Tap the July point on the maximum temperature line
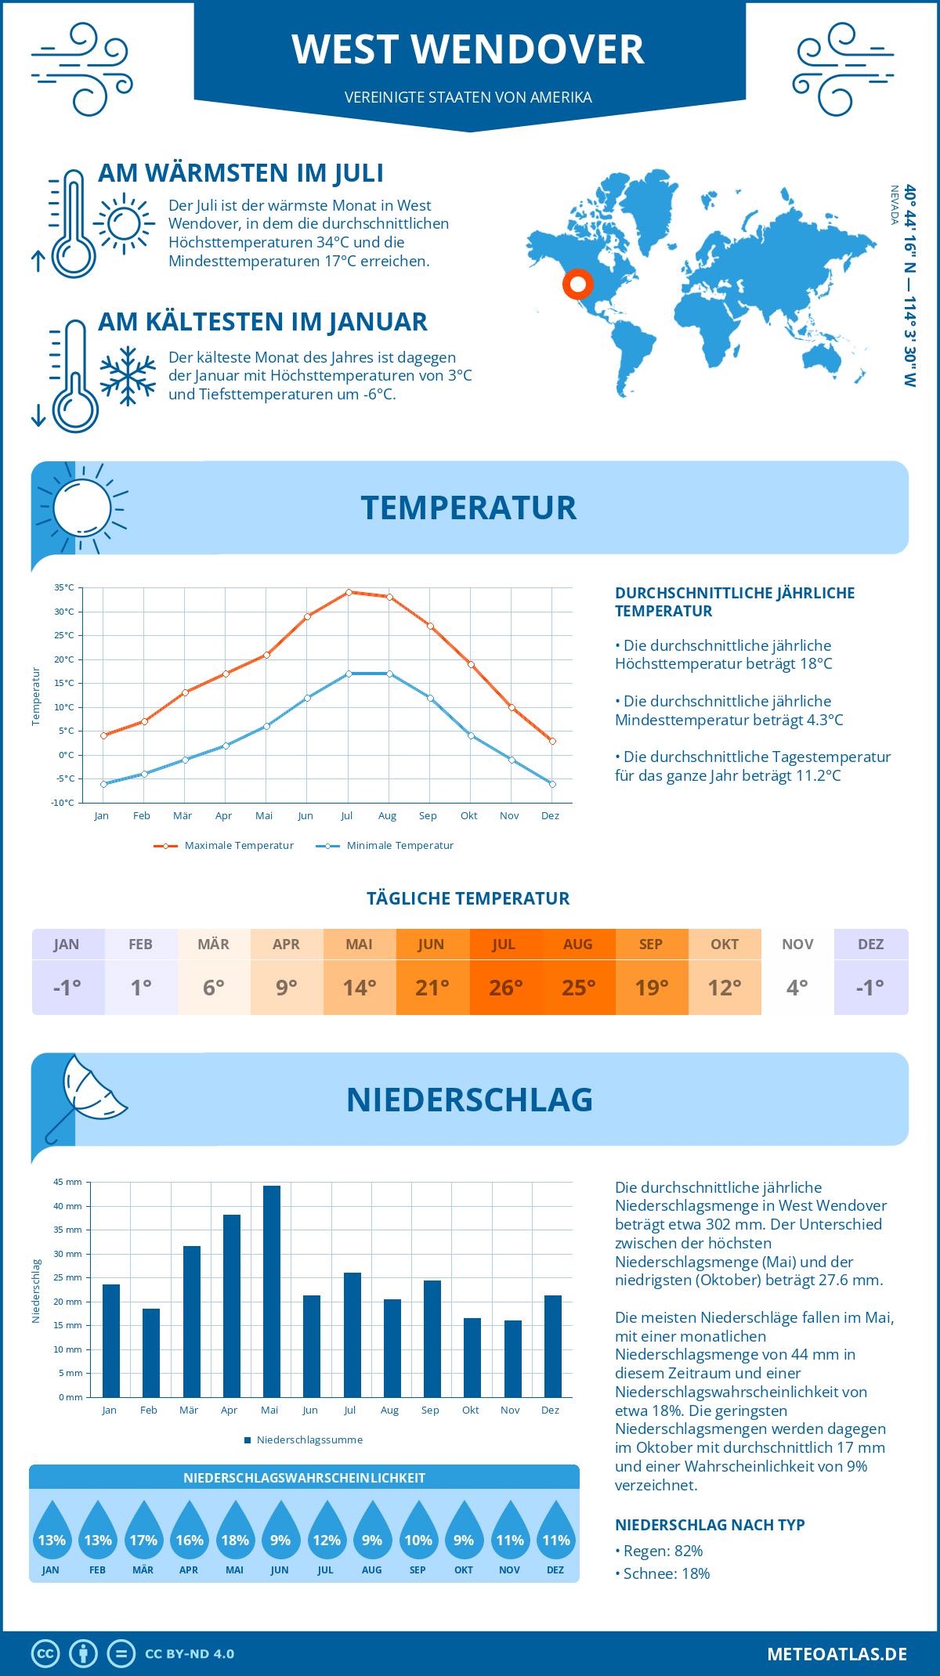349,592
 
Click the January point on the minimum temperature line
103,784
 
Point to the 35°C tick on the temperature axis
64,587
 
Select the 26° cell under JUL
505,988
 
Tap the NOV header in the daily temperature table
797,945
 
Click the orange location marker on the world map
578,284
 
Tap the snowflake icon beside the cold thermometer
128,375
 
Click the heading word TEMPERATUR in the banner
468,507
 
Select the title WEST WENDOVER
468,49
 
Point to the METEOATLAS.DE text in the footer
837,1654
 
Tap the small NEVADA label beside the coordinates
894,205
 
